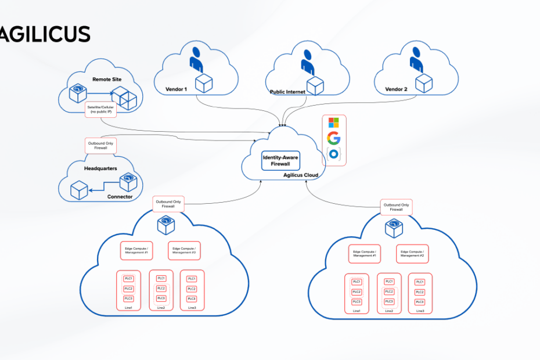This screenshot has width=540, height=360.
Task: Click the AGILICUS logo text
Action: coord(45,34)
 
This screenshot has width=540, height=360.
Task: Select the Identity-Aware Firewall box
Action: coord(281,160)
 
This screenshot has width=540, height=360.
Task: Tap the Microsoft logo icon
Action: coord(333,123)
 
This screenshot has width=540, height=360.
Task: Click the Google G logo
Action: coord(333,138)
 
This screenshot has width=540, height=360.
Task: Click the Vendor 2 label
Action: coord(397,90)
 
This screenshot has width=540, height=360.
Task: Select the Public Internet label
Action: coord(287,92)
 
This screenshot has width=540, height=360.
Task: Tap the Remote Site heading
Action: coord(107,78)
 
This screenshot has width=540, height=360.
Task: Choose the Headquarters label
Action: coord(101,168)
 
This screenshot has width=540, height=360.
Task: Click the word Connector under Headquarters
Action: coord(120,197)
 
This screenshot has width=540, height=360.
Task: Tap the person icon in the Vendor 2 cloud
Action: coord(416,61)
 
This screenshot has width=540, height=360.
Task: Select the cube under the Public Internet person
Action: coord(315,86)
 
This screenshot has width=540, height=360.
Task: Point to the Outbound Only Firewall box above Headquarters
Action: coord(100,146)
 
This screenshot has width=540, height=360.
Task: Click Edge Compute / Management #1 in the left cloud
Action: coord(136,251)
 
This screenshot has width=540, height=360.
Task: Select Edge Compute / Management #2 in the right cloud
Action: coord(412,254)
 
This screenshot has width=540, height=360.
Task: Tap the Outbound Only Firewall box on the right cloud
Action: coord(397,207)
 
